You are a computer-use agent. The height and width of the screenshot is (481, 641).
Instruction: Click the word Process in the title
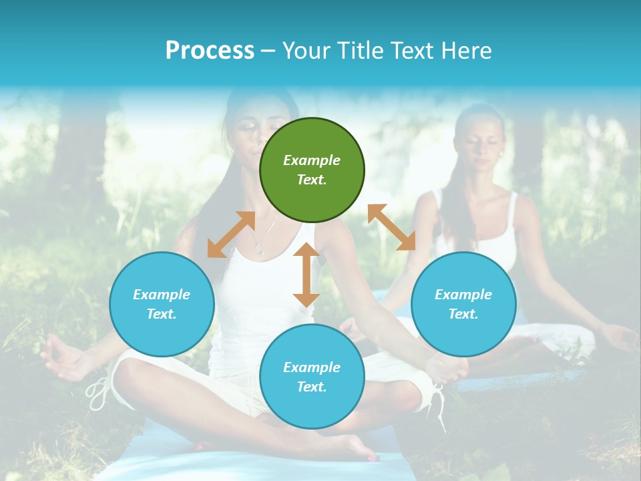click(x=210, y=51)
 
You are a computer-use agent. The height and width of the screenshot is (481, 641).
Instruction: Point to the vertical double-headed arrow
click(x=306, y=275)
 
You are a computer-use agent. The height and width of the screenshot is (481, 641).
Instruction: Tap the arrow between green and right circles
click(x=391, y=227)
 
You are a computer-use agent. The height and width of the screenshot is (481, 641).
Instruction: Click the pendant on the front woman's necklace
click(x=258, y=250)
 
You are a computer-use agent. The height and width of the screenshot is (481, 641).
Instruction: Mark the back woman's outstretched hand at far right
click(x=621, y=337)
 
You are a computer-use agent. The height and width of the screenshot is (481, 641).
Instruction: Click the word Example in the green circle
click(x=312, y=160)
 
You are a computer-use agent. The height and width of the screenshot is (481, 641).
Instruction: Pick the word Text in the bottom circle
click(x=312, y=387)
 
